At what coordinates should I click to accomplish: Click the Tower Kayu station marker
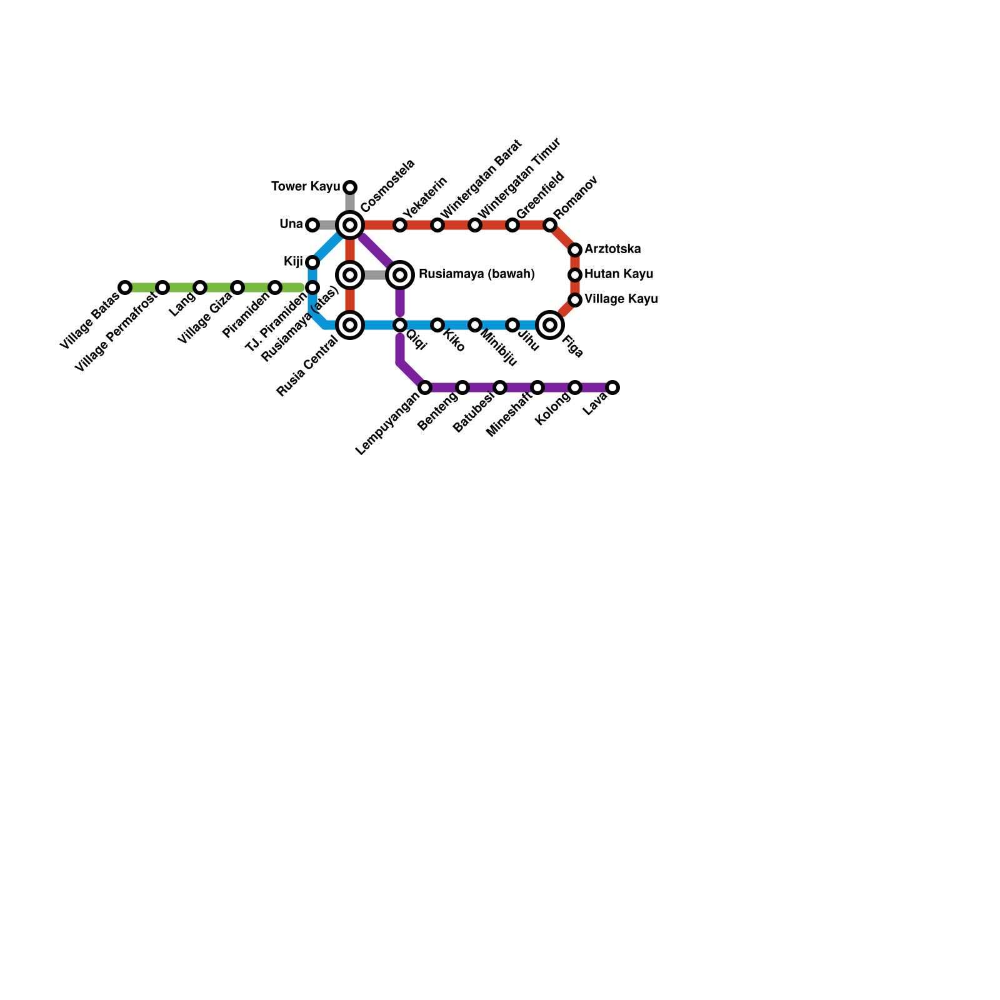coord(350,187)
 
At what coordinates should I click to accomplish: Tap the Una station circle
coord(312,225)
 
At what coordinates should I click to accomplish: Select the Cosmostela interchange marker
coord(350,225)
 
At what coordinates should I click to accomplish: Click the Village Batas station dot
coord(125,287)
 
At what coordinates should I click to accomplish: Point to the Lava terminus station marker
coord(612,387)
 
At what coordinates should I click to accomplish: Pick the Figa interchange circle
coord(550,325)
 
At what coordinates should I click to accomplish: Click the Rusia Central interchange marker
coord(350,325)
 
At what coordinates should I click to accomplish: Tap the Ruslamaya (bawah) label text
coord(476,274)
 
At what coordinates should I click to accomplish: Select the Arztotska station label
coord(612,249)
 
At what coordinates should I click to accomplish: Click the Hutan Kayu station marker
coord(575,275)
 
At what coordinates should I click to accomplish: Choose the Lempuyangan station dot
coord(425,387)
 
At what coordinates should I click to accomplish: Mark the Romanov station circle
coord(550,225)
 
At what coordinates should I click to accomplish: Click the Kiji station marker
coord(312,262)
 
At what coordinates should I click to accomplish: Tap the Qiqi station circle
coord(400,325)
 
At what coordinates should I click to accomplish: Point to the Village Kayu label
coord(621,299)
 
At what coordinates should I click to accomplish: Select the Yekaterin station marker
coord(400,225)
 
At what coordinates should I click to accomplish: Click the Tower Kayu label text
coord(306,187)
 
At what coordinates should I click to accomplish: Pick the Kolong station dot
coord(575,387)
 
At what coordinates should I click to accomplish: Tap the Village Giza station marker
coord(237,287)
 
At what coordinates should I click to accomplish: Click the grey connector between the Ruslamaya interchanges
coord(375,275)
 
